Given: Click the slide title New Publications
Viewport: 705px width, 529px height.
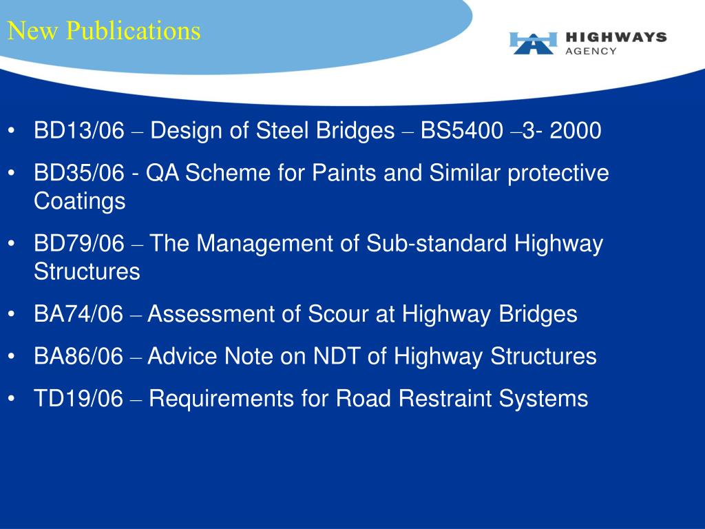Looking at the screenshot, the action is point(104,31).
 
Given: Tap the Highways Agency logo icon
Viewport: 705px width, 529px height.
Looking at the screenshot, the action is point(534,43).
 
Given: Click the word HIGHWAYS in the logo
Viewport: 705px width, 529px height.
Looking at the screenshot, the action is point(615,37).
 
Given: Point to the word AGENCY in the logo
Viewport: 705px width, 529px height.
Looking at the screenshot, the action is point(591,51).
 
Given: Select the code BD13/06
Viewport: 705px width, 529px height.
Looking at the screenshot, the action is point(78,130).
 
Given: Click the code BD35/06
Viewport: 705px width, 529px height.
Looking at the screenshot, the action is point(78,173).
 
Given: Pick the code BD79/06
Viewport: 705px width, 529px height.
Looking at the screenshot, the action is point(78,243).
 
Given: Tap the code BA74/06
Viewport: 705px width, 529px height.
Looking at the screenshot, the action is point(78,314).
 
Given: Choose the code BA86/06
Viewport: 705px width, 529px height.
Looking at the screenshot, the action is point(78,356).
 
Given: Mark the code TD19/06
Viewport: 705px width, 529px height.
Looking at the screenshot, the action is point(78,399).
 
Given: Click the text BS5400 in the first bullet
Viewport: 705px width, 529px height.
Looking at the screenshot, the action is point(462,130).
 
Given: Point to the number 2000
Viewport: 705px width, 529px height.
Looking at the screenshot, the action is point(576,130).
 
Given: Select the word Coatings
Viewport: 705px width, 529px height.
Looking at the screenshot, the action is point(80,201).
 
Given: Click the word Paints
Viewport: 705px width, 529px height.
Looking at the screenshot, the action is point(344,173).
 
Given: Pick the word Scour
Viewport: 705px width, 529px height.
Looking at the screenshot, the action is point(338,314).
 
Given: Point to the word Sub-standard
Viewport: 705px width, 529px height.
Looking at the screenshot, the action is point(436,243).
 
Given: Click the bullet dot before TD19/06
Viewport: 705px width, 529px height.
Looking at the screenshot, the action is point(12,399).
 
